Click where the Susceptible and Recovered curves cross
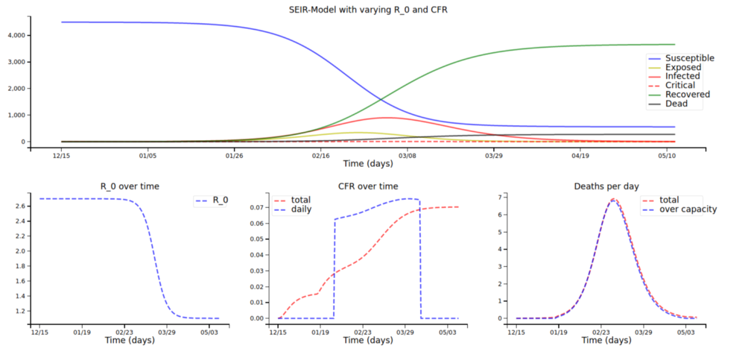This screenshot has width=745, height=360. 381,99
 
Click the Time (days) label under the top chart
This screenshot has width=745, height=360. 367,162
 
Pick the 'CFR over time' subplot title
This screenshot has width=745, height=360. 367,186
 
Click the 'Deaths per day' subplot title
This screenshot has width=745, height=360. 606,186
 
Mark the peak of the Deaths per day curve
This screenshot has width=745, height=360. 614,199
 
